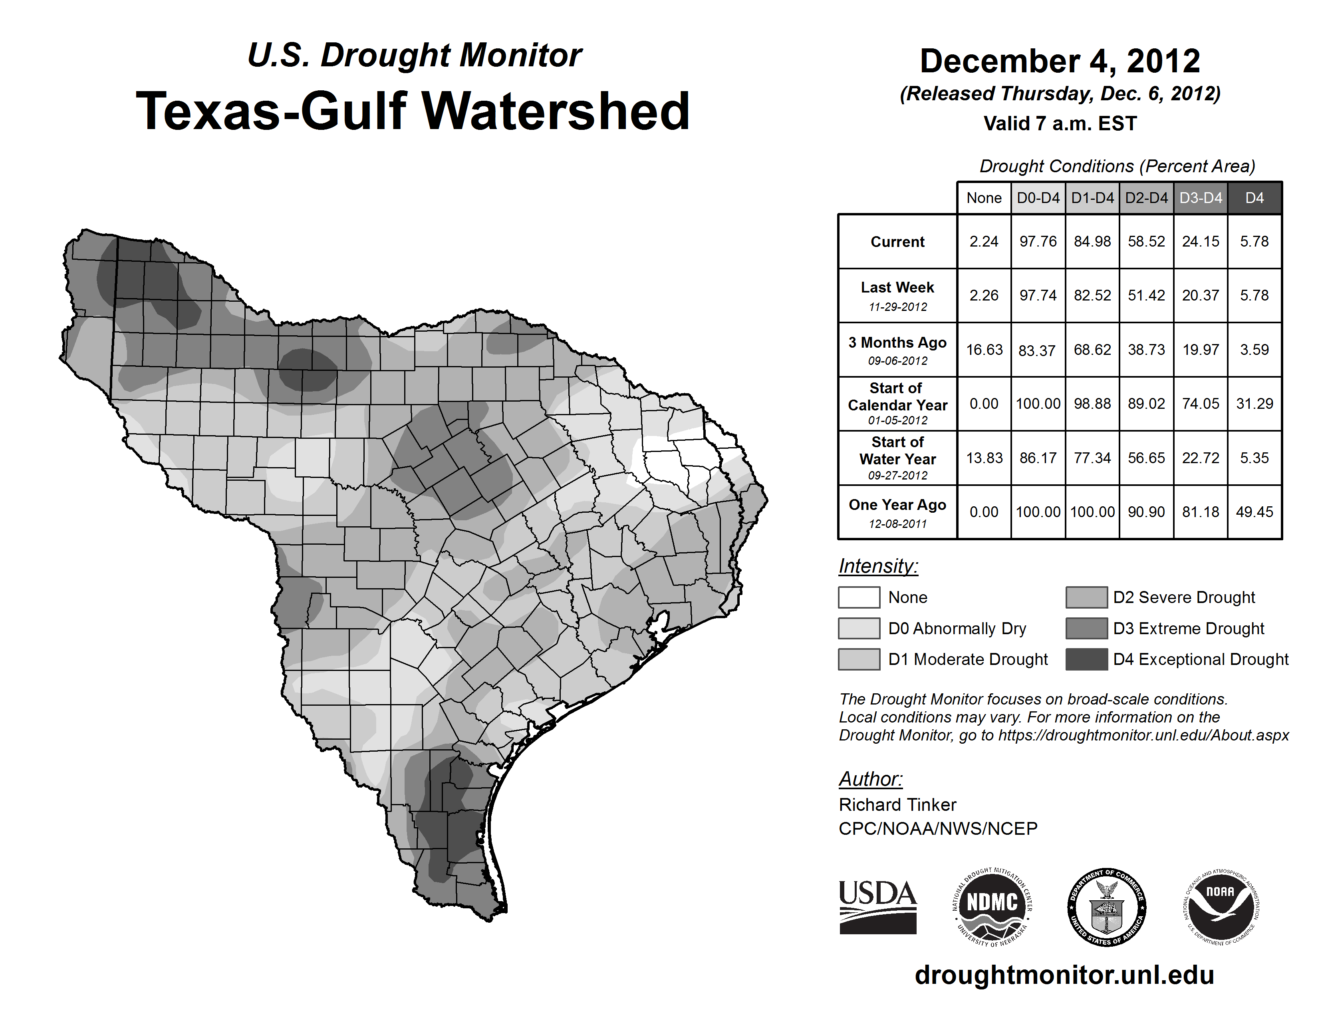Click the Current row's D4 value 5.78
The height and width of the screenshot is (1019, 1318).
click(x=1254, y=241)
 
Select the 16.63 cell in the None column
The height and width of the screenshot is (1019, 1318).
click(x=984, y=350)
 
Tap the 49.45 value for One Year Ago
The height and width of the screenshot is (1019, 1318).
click(x=1254, y=512)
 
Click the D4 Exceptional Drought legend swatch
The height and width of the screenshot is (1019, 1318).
click(x=1086, y=659)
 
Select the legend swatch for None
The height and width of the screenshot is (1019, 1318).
click(x=859, y=597)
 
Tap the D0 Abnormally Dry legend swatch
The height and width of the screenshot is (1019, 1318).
click(x=859, y=629)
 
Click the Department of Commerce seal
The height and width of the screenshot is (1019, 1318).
click(x=1107, y=907)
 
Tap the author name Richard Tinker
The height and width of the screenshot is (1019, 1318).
click(x=897, y=805)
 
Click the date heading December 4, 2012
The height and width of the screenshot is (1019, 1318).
click(x=1060, y=61)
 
